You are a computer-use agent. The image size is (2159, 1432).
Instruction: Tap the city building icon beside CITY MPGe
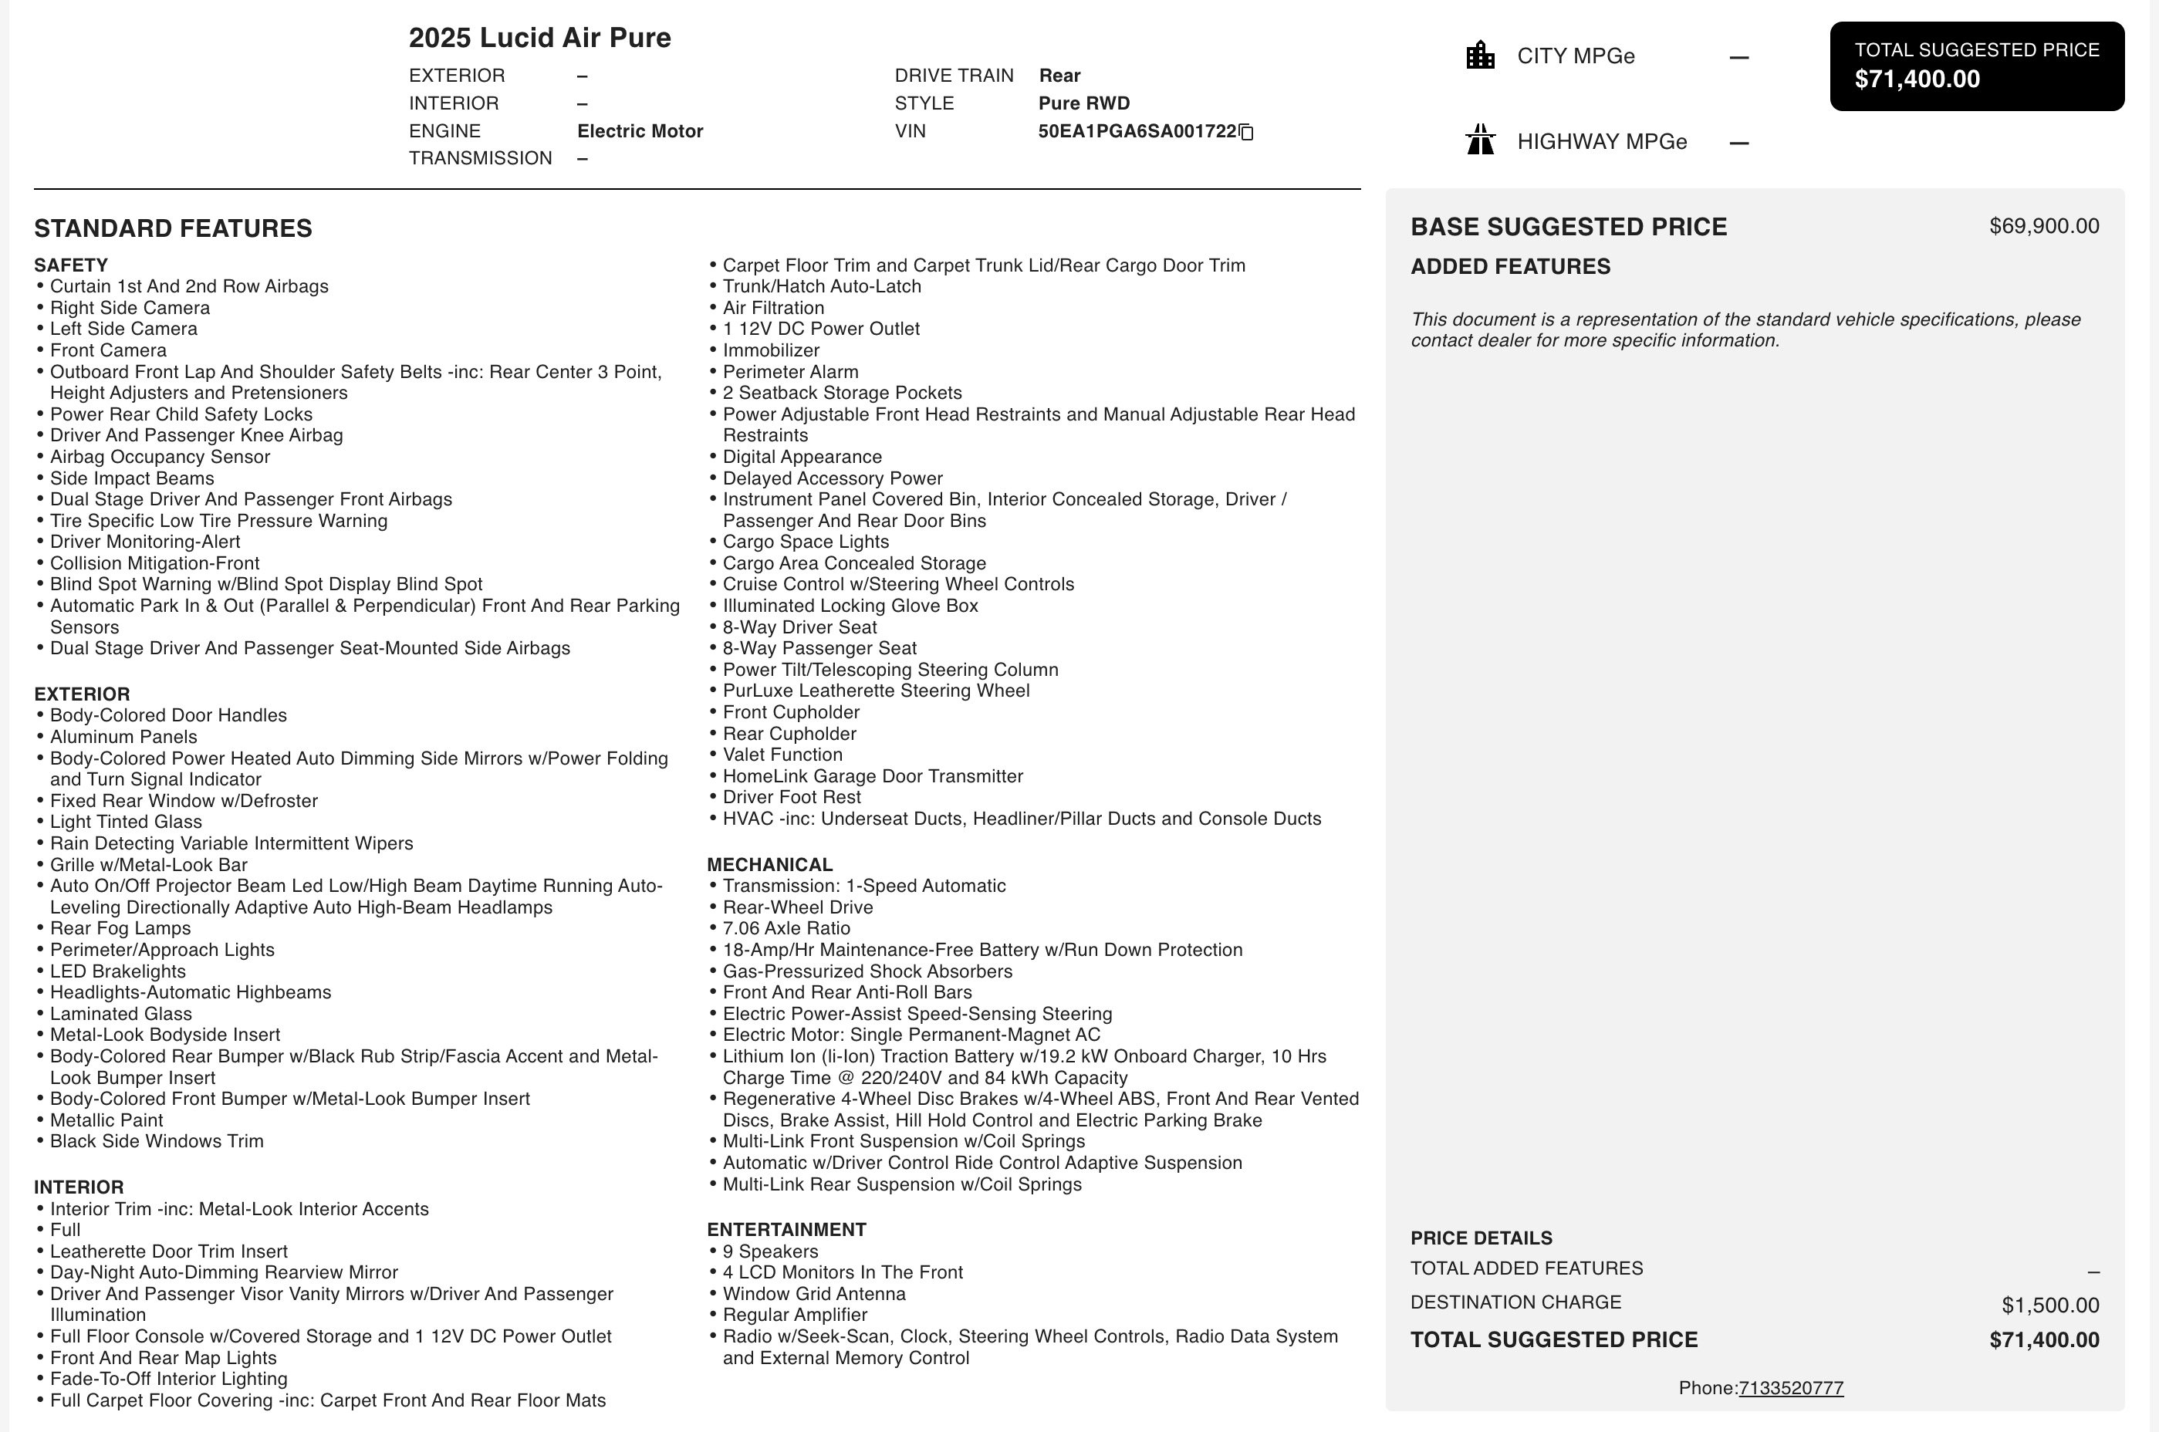click(x=1479, y=56)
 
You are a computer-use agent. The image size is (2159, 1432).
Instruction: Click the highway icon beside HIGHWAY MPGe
click(x=1479, y=140)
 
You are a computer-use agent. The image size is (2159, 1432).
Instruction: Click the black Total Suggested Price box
click(x=1976, y=66)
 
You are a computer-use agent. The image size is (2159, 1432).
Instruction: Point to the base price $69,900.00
click(x=2044, y=227)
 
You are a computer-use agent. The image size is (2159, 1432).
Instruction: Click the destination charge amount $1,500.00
click(x=2049, y=1305)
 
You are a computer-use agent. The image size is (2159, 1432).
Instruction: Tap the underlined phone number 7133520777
click(x=1790, y=1388)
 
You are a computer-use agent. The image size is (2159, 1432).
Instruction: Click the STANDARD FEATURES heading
click(x=173, y=228)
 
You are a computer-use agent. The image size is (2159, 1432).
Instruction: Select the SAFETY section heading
click(x=71, y=265)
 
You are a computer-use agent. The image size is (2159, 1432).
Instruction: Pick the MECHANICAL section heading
click(x=769, y=865)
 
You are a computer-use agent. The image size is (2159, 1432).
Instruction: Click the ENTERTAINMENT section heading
click(x=786, y=1229)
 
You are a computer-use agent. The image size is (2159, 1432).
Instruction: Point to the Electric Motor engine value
click(x=640, y=131)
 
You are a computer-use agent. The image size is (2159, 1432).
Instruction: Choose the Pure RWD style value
click(x=1084, y=103)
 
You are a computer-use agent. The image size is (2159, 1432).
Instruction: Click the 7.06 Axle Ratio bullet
click(x=786, y=928)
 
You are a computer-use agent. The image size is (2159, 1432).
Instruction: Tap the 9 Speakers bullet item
click(x=770, y=1251)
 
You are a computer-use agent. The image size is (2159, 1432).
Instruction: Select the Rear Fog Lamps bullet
click(x=120, y=928)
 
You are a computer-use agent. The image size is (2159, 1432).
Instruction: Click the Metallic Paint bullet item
click(x=106, y=1120)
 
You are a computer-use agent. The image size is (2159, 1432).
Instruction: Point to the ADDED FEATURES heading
click(x=1509, y=267)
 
